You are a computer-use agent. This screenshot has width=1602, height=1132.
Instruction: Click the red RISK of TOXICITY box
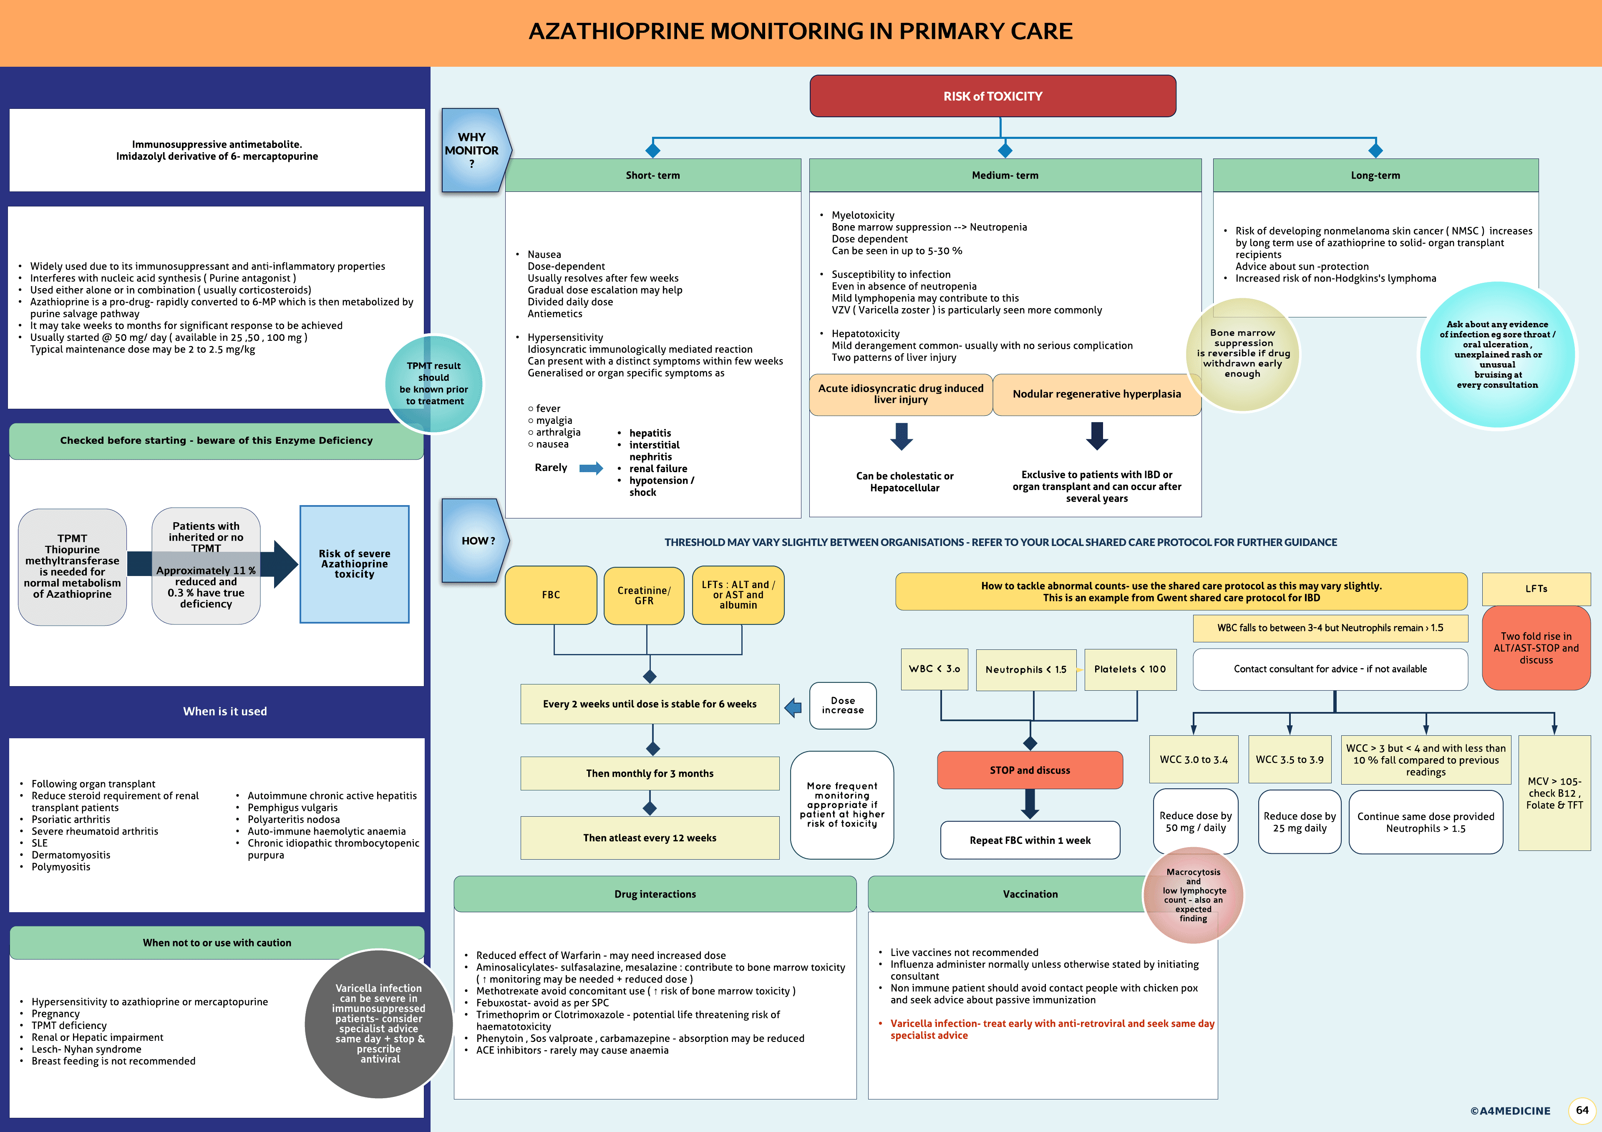992,96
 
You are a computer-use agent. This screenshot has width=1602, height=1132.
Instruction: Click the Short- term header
652,175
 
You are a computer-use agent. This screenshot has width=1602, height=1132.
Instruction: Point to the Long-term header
1375,175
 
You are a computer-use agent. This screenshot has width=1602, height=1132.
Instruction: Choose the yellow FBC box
551,595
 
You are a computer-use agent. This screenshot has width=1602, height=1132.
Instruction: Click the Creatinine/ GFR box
643,595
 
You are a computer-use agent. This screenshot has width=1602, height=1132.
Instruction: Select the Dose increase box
842,705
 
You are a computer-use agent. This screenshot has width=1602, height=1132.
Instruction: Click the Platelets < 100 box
1130,669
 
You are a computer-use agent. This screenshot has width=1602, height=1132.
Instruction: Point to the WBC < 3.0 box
934,669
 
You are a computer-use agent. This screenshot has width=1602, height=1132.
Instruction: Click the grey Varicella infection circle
379,1023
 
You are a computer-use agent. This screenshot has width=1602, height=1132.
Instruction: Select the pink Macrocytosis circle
1193,895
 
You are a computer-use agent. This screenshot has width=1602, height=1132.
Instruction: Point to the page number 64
1582,1109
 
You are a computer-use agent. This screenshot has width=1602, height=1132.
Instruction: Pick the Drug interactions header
655,894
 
